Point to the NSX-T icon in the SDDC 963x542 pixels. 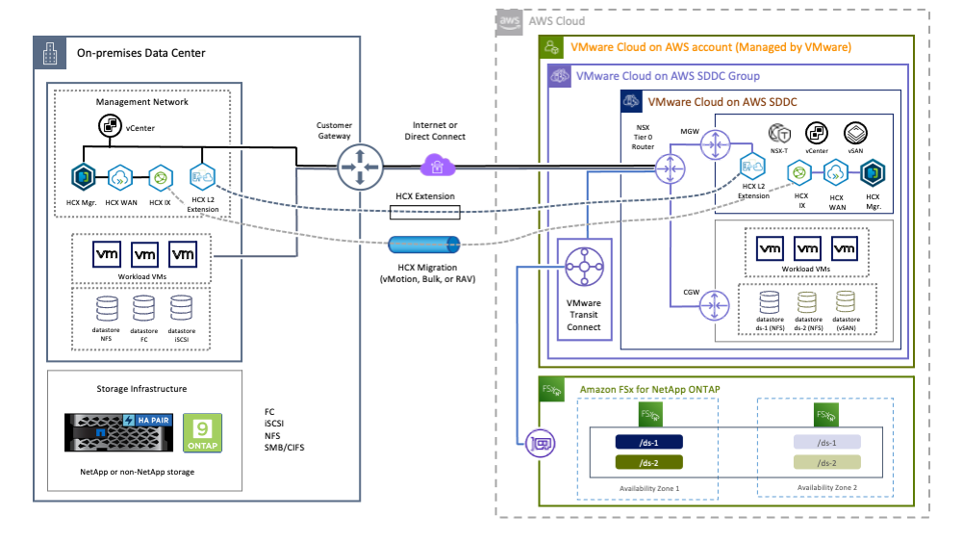point(779,134)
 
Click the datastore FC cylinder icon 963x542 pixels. point(145,310)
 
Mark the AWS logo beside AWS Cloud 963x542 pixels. point(510,20)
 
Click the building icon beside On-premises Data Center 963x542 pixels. point(49,55)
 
